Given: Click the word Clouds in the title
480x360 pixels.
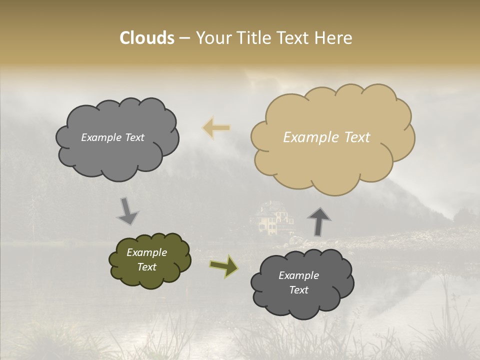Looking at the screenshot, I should [147, 38].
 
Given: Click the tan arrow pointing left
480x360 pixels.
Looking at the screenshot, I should [216, 128].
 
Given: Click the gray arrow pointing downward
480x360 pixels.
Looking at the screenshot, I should [127, 211].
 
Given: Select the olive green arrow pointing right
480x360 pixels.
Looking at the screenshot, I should [223, 266].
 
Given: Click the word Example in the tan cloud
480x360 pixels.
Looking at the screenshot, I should [306, 137].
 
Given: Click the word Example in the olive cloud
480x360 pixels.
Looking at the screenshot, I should [146, 252].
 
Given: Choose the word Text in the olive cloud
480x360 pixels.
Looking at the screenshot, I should [146, 267].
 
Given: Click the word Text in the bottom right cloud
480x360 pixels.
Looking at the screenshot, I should [298, 290].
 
